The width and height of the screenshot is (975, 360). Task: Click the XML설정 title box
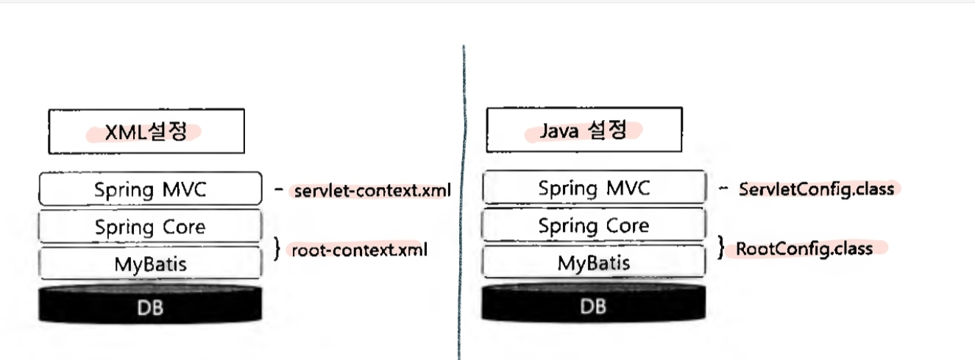pyautogui.click(x=146, y=132)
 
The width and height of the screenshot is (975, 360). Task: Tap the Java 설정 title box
pyautogui.click(x=584, y=131)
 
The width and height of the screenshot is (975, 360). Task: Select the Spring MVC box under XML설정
pyautogui.click(x=150, y=189)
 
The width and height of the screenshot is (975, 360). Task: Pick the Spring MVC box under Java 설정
pyautogui.click(x=594, y=188)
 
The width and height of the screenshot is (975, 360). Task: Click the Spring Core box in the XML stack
pyautogui.click(x=150, y=227)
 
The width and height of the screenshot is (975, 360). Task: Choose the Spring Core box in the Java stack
pyautogui.click(x=594, y=225)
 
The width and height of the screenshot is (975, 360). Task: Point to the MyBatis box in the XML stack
pyautogui.click(x=150, y=264)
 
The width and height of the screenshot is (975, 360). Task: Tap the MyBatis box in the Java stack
pyautogui.click(x=594, y=263)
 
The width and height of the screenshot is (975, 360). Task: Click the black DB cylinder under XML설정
pyautogui.click(x=150, y=305)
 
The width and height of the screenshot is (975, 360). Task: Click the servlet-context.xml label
pyautogui.click(x=372, y=191)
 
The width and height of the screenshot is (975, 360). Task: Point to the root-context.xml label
pyautogui.click(x=359, y=250)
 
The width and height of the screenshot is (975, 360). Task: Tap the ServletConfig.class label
pyautogui.click(x=816, y=189)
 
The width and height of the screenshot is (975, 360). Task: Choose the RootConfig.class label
pyautogui.click(x=804, y=249)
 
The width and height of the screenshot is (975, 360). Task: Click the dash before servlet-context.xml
pyautogui.click(x=279, y=190)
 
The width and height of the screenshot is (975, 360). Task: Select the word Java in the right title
pyautogui.click(x=557, y=132)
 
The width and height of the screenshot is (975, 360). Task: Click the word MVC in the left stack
pyautogui.click(x=185, y=190)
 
